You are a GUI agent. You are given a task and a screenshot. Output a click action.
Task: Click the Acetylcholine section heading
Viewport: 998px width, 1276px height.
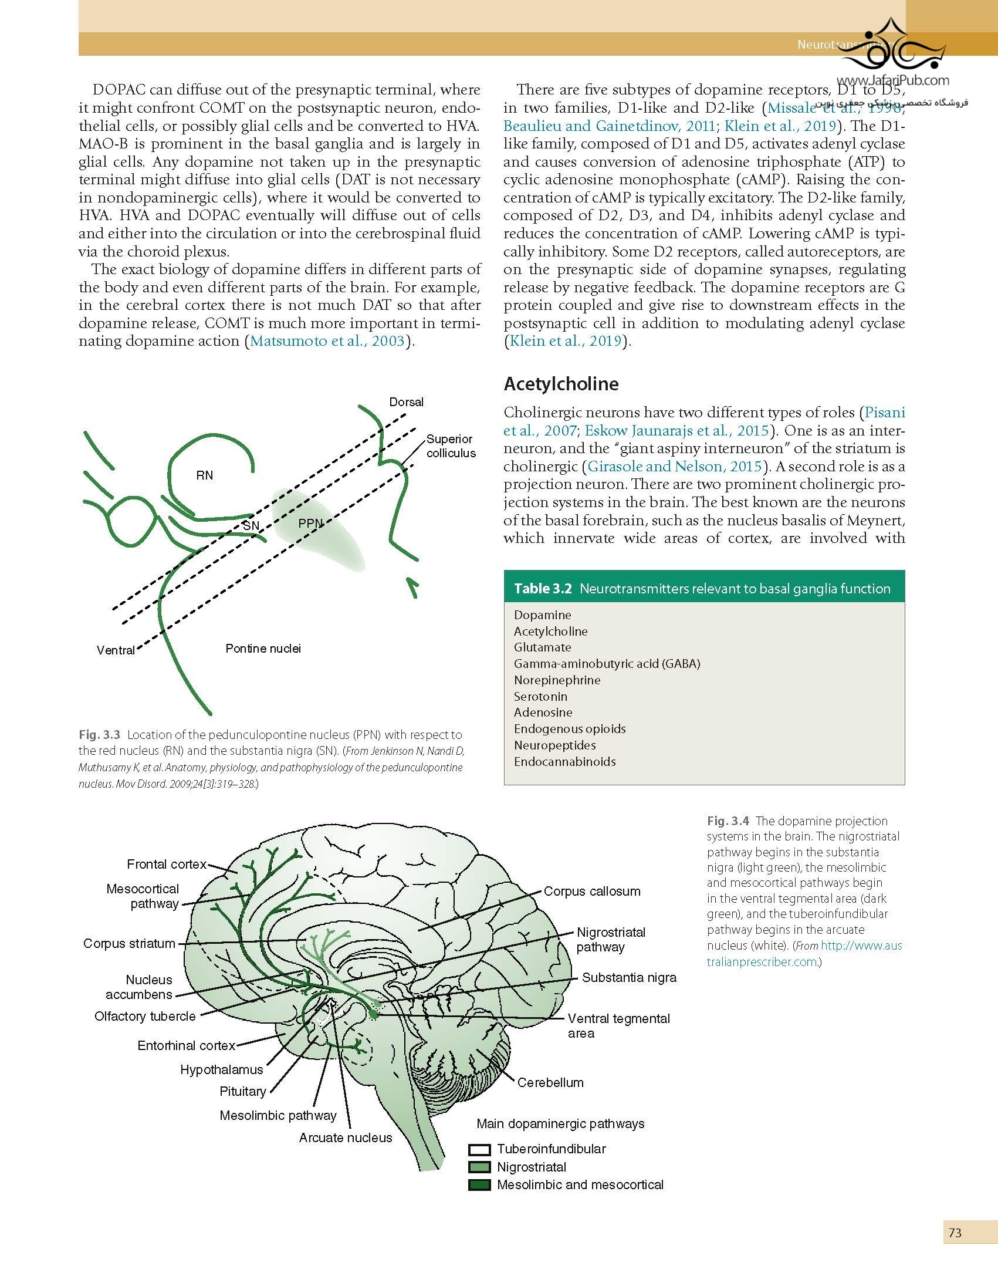tap(561, 384)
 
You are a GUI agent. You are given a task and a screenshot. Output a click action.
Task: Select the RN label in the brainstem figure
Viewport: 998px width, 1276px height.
tap(205, 475)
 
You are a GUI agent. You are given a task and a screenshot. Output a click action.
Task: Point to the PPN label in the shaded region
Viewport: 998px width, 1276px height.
tap(311, 523)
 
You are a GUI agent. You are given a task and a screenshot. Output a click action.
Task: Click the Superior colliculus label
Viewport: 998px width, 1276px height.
tap(451, 446)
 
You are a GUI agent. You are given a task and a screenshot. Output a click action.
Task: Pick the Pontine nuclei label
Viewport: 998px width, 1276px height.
tap(263, 649)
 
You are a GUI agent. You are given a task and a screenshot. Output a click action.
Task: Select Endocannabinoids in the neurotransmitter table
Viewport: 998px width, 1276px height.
tap(564, 761)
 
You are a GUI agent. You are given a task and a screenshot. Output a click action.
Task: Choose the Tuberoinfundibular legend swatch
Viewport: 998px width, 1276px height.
tap(479, 1149)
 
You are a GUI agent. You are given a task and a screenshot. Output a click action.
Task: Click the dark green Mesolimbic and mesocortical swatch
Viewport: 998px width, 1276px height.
tap(479, 1184)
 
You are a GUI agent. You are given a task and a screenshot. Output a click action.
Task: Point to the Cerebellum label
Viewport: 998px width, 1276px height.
tap(550, 1082)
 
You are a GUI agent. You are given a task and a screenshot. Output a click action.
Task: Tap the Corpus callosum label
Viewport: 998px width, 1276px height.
tap(592, 891)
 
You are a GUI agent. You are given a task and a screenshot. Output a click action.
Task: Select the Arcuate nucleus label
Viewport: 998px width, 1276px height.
tap(346, 1137)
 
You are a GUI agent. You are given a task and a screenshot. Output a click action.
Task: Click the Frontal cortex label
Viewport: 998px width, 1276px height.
tap(167, 864)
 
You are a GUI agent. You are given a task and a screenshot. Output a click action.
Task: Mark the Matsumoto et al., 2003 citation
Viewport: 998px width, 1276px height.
tap(327, 341)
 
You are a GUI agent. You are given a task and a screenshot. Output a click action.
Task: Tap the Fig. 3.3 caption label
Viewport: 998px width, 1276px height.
tap(99, 735)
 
